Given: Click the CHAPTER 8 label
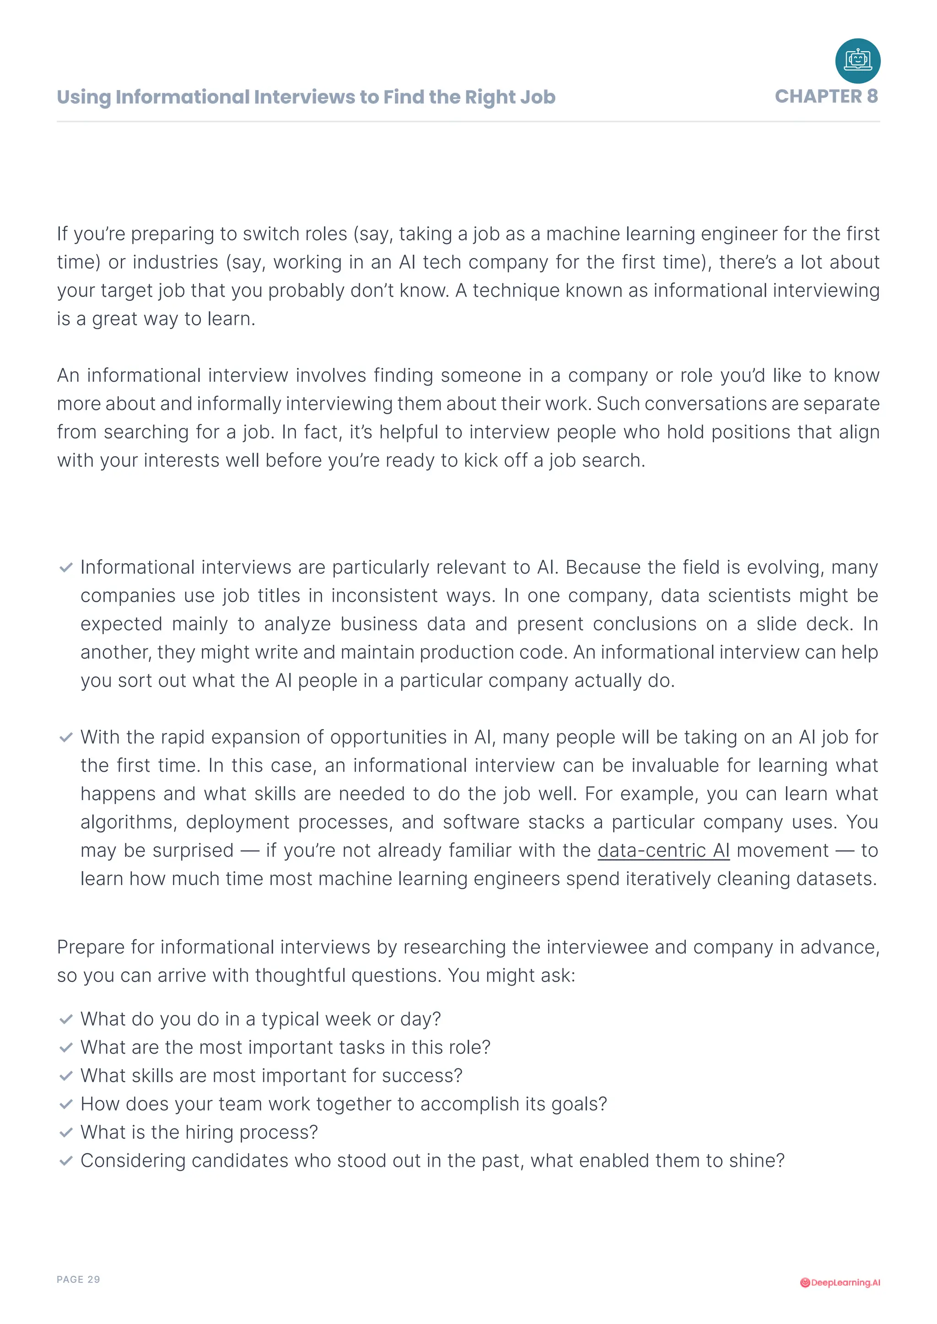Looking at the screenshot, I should (826, 96).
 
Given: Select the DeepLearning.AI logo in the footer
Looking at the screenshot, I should (840, 1282).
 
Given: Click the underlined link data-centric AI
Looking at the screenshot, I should (663, 850).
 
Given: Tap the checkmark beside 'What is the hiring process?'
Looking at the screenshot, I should (66, 1132).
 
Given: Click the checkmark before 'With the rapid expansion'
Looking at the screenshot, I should (66, 737).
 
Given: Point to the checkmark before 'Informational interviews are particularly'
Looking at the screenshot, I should (66, 567).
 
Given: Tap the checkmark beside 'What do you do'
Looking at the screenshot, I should (66, 1019).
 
